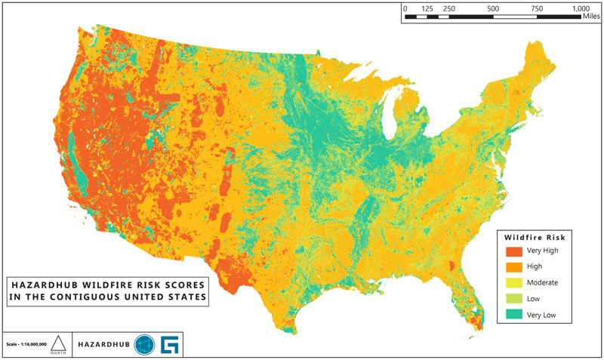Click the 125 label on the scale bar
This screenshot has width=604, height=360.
pos(427,8)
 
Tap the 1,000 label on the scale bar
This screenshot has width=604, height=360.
pos(581,8)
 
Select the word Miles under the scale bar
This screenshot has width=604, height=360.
pos(591,17)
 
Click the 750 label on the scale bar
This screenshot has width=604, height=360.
pos(537,8)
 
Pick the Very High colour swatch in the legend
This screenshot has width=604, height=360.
pos(513,251)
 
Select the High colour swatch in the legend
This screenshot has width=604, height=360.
pos(513,266)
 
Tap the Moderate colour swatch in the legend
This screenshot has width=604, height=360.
pos(513,282)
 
